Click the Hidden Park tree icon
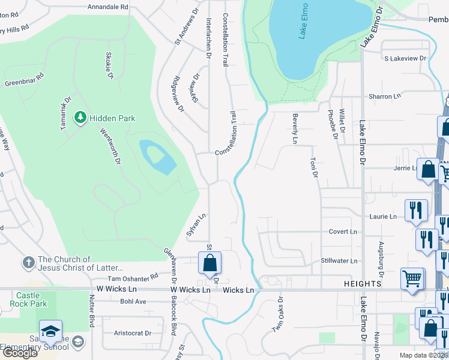pyautogui.click(x=80, y=118)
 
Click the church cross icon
pyautogui.click(x=28, y=262)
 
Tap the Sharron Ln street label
pyautogui.click(x=385, y=96)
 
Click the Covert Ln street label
pyautogui.click(x=343, y=232)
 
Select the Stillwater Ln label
pyautogui.click(x=339, y=260)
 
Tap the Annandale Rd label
pyautogui.click(x=108, y=7)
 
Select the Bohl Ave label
pyautogui.click(x=133, y=301)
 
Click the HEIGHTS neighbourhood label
pyautogui.click(x=364, y=283)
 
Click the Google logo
pyautogui.click(x=19, y=353)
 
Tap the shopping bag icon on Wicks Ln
pyautogui.click(x=209, y=262)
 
